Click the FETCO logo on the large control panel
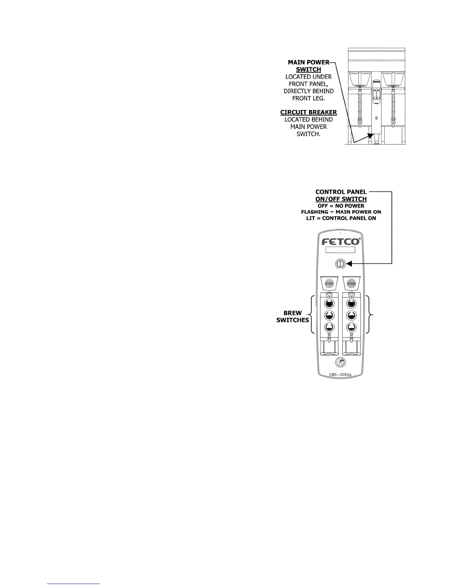(340, 242)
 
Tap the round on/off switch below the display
(340, 264)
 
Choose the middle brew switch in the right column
(351, 315)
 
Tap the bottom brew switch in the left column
(329, 327)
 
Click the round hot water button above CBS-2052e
(340, 362)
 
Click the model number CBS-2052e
(340, 375)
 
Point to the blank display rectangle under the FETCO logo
(340, 250)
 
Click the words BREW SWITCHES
(293, 316)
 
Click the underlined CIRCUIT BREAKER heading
(309, 112)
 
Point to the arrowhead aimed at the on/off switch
(349, 264)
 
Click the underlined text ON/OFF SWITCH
(341, 199)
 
